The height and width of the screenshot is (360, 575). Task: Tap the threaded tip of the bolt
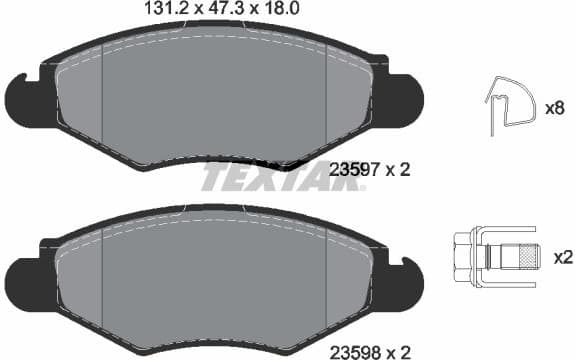point(526,257)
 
